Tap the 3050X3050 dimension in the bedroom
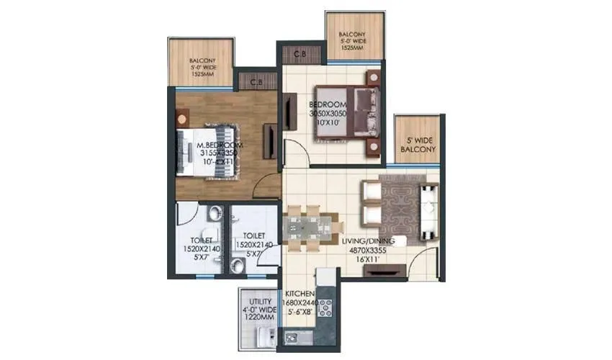(x=328, y=114)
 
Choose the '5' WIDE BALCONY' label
(x=419, y=145)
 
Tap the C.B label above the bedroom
(x=300, y=53)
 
